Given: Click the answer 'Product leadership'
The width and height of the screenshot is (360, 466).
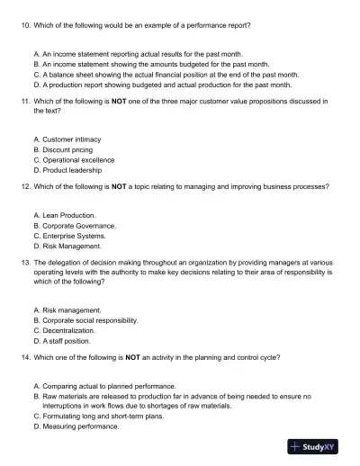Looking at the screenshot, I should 72,169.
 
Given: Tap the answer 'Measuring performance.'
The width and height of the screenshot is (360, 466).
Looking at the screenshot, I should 81,426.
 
